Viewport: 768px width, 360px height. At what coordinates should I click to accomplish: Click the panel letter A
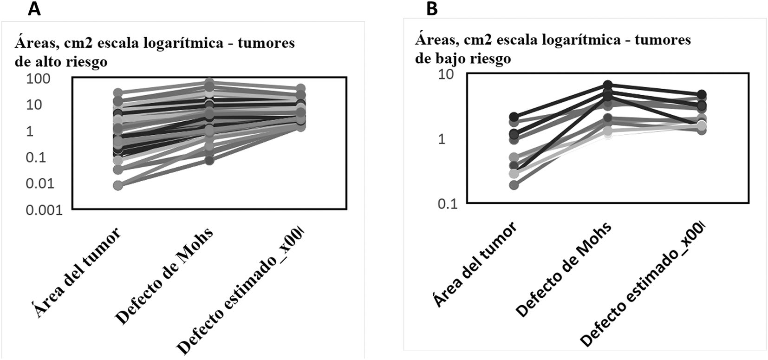pyautogui.click(x=34, y=9)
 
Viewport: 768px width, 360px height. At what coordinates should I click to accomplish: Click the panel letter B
pyautogui.click(x=431, y=9)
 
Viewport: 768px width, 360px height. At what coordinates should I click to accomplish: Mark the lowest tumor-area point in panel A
pyautogui.click(x=118, y=185)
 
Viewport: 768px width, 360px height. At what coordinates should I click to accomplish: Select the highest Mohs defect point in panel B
pyautogui.click(x=607, y=85)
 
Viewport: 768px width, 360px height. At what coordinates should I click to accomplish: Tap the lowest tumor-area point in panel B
pyautogui.click(x=514, y=185)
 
